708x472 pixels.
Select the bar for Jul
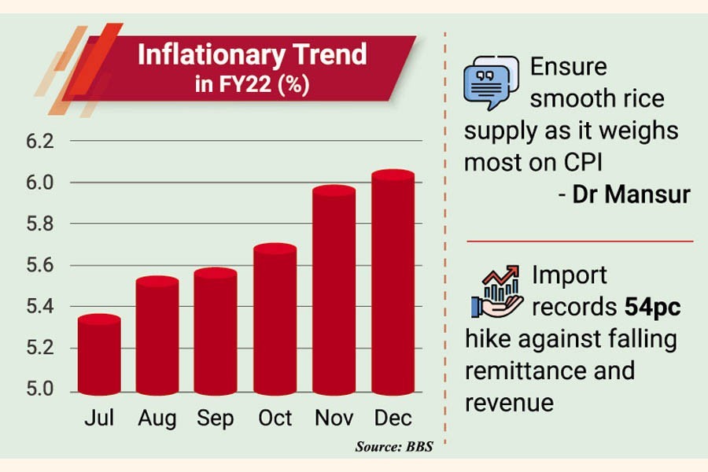99,355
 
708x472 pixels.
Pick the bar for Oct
275,319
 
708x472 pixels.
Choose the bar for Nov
334,290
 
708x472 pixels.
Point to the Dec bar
393,282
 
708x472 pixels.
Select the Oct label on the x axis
275,418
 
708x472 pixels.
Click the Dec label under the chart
393,418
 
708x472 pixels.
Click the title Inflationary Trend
252,54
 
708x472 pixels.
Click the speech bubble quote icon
490,82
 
